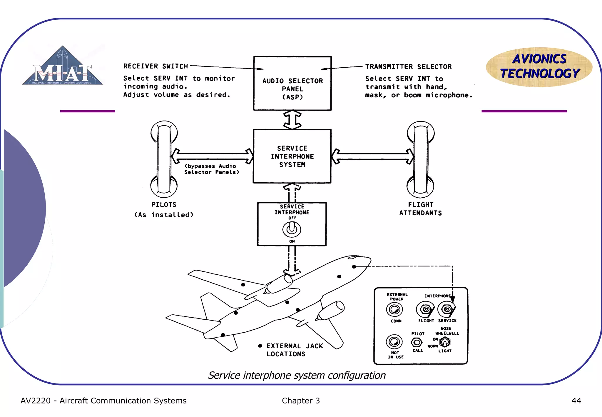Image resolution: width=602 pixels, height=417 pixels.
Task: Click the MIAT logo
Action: [x=63, y=66]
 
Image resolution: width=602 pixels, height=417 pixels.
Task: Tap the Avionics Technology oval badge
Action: [x=539, y=67]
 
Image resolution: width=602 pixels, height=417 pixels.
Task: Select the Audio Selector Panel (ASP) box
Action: [x=292, y=84]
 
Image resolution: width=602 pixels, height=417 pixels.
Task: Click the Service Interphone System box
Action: [x=292, y=156]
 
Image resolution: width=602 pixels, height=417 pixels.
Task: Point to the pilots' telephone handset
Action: [x=164, y=159]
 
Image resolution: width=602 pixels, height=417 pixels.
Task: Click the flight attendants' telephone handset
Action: [x=421, y=159]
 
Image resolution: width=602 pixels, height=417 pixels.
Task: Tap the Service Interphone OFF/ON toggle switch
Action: [x=292, y=229]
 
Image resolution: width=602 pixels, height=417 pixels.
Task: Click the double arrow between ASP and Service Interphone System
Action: [x=292, y=120]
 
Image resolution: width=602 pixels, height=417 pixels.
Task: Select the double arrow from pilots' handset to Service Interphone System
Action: [x=212, y=156]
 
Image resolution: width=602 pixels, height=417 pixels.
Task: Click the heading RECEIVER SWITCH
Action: [x=155, y=66]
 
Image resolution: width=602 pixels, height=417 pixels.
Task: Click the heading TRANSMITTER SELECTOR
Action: [x=408, y=67]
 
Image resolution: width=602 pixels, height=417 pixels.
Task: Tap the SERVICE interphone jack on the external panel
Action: [x=447, y=309]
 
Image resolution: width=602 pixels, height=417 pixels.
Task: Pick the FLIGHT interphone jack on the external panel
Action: [x=425, y=309]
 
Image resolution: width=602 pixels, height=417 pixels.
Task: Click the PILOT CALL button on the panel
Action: [x=417, y=342]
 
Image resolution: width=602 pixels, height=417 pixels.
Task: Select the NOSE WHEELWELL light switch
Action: [x=445, y=342]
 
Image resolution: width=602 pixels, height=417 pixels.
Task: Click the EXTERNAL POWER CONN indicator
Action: [x=394, y=309]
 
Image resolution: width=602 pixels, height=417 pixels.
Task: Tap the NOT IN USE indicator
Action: [x=394, y=342]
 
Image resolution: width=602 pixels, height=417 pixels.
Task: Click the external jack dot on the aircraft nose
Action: [x=354, y=266]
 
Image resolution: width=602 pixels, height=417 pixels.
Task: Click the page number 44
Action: [x=576, y=401]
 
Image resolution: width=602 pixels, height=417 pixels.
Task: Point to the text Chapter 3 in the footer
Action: [x=301, y=401]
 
